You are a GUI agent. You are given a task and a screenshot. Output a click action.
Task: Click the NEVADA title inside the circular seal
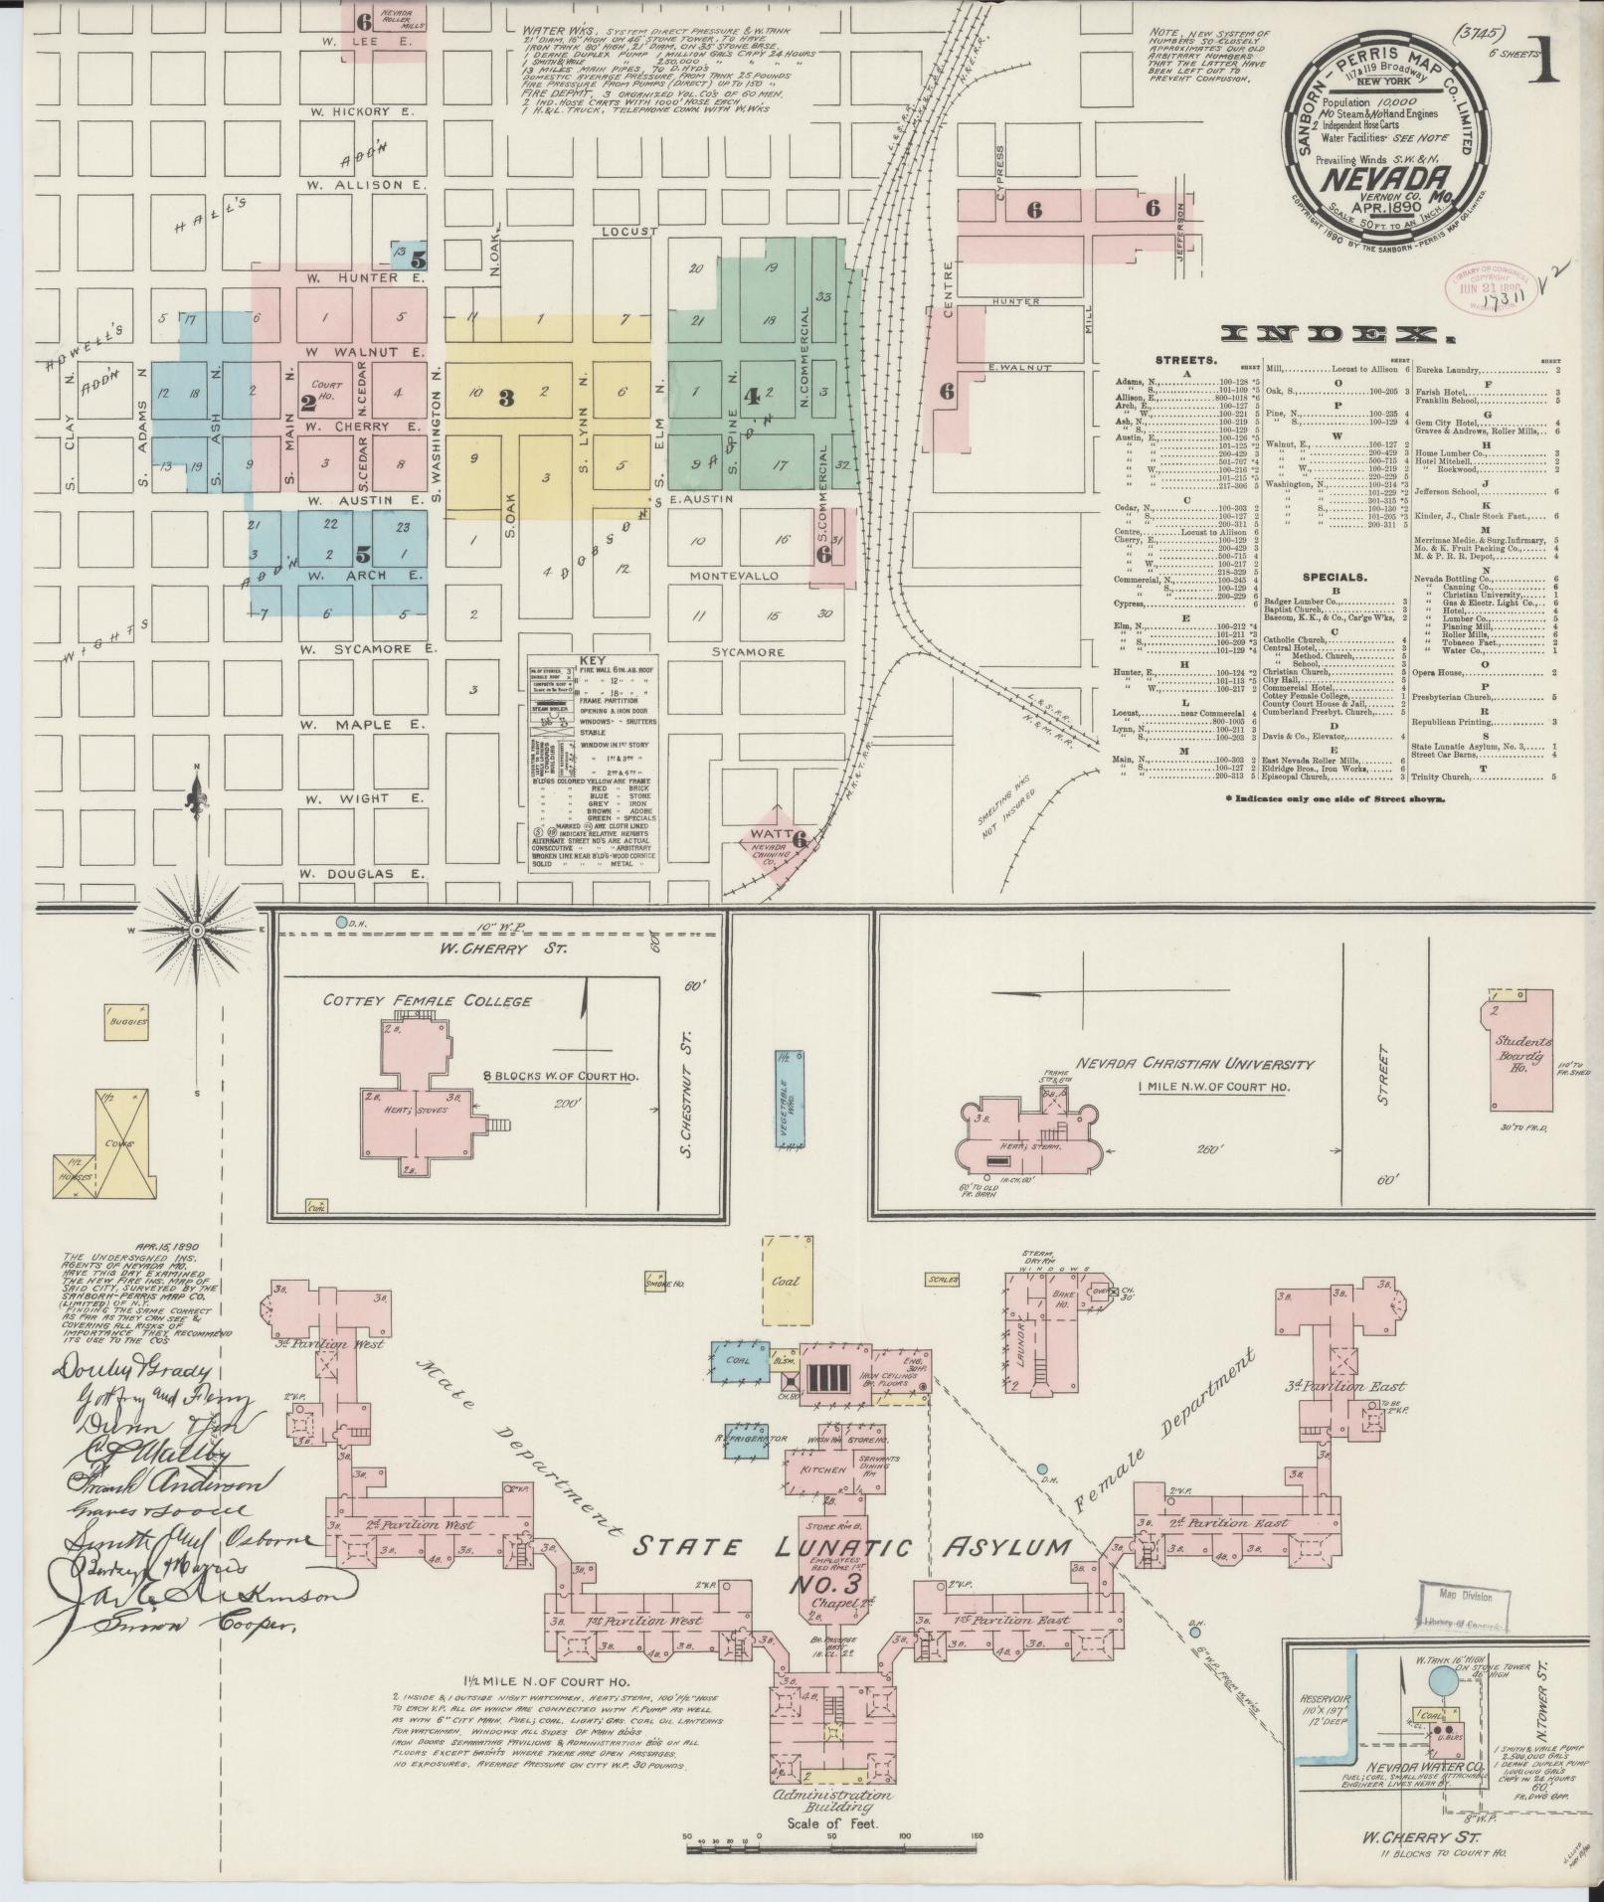point(1375,177)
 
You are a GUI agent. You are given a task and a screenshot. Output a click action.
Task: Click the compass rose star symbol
point(197,929)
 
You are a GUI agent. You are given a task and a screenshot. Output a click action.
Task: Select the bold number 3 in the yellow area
point(506,399)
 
